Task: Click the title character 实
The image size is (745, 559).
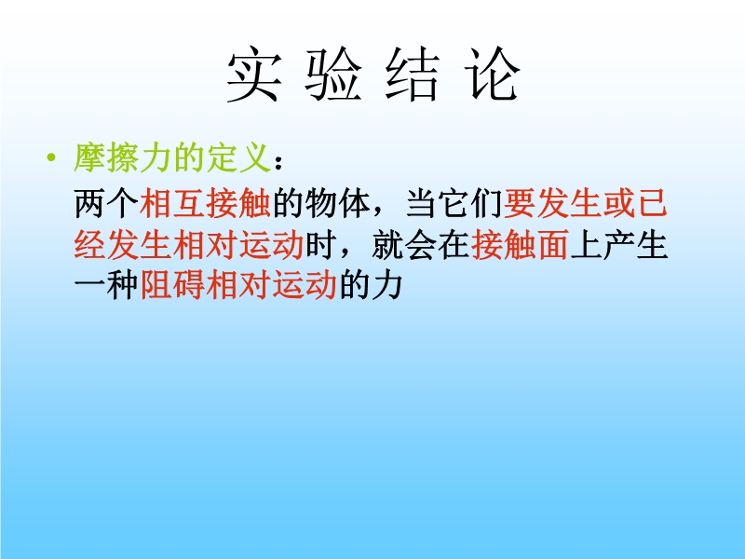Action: [253, 75]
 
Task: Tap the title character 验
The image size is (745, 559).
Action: [332, 75]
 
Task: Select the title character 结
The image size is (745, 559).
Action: [412, 75]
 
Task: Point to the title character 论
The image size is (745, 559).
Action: [492, 75]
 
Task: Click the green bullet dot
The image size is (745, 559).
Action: [51, 157]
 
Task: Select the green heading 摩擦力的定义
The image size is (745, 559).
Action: [172, 157]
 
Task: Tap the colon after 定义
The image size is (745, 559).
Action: [278, 162]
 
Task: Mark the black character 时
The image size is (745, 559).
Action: [320, 245]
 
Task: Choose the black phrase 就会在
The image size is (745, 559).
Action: [421, 245]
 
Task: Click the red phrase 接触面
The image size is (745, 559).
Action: [520, 245]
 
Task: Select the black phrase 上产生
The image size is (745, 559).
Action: [618, 245]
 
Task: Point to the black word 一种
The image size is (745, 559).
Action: [106, 285]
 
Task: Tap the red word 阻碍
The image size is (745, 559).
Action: [172, 285]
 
